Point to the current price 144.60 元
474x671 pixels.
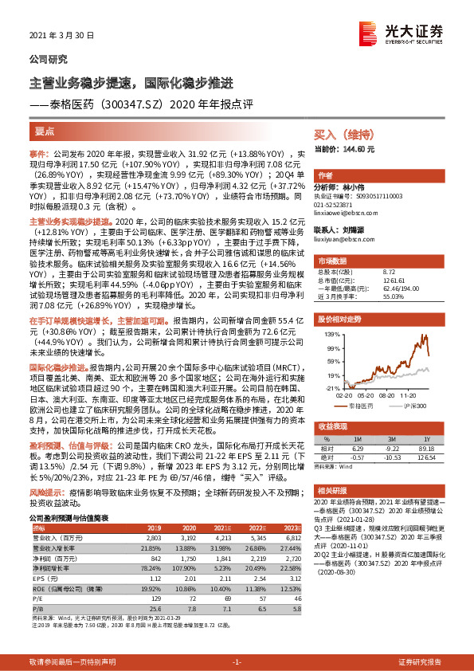coord(345,149)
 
